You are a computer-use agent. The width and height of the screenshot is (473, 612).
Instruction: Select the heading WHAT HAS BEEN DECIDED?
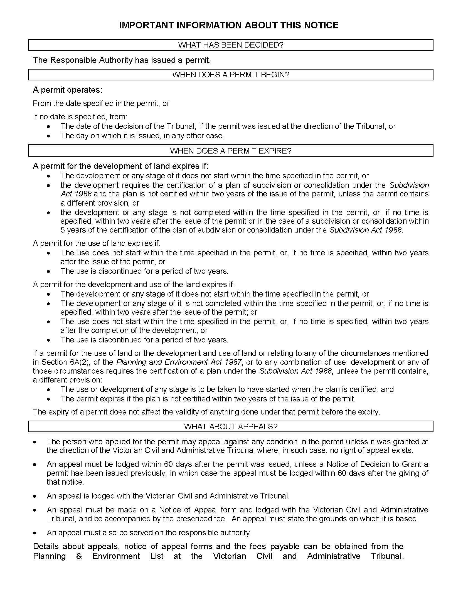coord(231,45)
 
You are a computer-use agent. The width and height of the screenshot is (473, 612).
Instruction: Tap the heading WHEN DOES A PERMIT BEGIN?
coord(231,75)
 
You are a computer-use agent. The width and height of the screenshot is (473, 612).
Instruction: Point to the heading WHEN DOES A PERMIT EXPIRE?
coord(231,151)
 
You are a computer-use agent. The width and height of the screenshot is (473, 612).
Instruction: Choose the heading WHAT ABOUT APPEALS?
coord(231,426)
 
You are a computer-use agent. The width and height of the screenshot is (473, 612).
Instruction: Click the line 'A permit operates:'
coord(68,90)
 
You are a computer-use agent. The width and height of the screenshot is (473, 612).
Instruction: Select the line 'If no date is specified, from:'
coord(80,117)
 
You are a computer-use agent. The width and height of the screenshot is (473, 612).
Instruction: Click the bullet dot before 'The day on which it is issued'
coord(49,136)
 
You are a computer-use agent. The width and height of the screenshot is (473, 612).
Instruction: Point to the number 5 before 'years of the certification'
coord(63,230)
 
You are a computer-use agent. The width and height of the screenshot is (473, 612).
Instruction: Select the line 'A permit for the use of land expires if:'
coord(97,243)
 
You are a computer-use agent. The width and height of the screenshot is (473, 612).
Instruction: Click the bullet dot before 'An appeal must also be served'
coord(35,533)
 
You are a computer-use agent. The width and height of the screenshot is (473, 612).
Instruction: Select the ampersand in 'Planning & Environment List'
coord(79,556)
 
